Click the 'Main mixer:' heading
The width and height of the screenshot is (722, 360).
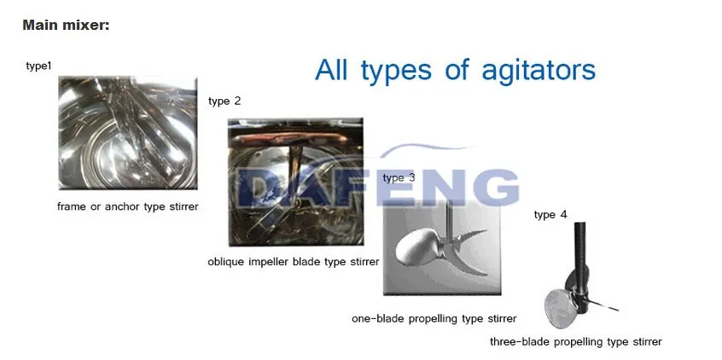click(66, 25)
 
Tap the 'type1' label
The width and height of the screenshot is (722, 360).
click(38, 67)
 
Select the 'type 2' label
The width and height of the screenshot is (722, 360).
click(224, 101)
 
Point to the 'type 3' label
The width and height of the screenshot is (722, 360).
click(399, 177)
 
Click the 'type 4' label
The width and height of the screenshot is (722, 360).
click(550, 214)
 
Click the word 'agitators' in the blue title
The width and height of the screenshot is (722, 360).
click(539, 71)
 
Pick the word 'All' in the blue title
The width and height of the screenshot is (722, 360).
click(331, 70)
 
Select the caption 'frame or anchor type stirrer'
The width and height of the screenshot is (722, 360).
click(127, 206)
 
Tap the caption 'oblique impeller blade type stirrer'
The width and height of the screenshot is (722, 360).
click(294, 262)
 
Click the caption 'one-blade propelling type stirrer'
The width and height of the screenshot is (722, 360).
click(434, 318)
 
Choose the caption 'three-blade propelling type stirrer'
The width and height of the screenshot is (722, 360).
click(575, 341)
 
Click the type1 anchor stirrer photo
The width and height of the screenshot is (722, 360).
click(128, 132)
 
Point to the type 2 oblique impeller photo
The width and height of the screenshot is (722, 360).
click(295, 182)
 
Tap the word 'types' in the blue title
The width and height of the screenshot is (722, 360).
click(397, 72)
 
